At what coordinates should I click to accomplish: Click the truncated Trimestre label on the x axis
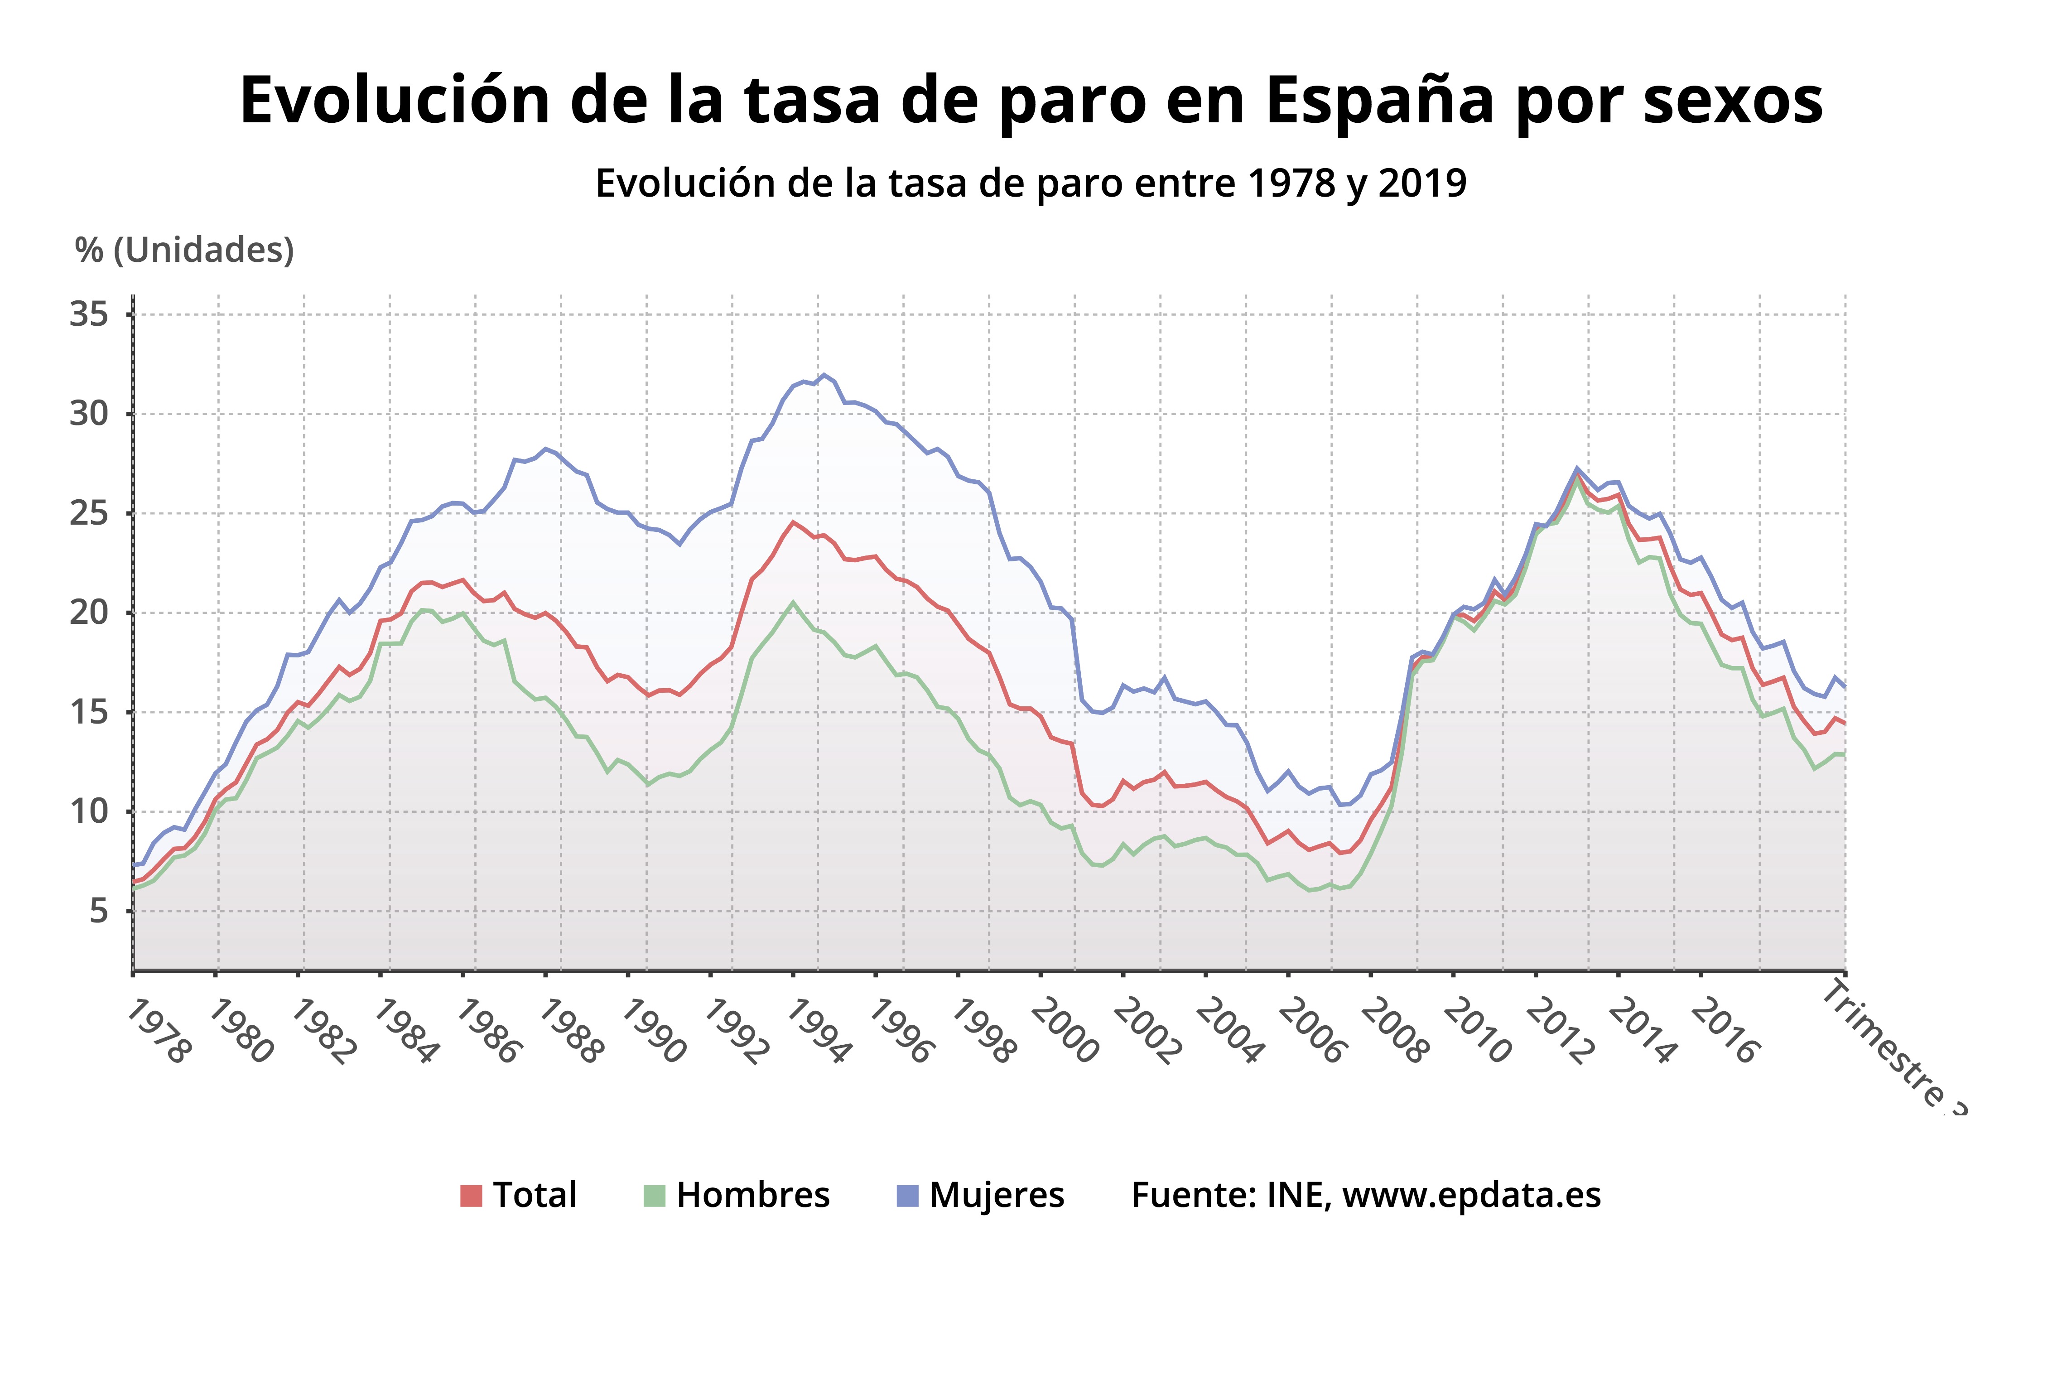(1892, 1046)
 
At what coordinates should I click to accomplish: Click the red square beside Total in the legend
(471, 1196)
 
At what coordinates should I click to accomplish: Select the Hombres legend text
(752, 1196)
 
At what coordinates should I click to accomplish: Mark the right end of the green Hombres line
(1844, 753)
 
